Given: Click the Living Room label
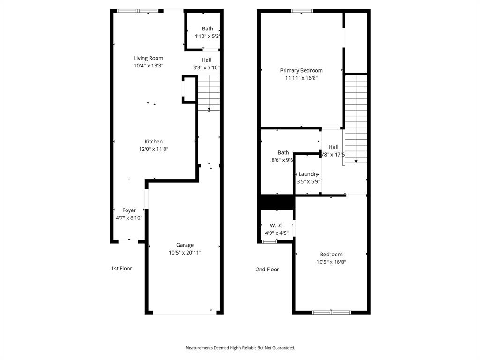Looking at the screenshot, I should pyautogui.click(x=148, y=58).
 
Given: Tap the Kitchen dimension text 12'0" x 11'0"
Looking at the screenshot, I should pyautogui.click(x=153, y=149).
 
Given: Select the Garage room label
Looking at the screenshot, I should pyautogui.click(x=185, y=245).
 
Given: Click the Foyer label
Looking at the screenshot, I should pyautogui.click(x=129, y=210).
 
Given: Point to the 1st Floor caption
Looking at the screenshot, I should pyautogui.click(x=121, y=269).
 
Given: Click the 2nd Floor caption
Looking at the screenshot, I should pyautogui.click(x=267, y=270).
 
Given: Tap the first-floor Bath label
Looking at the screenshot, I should pyautogui.click(x=207, y=29).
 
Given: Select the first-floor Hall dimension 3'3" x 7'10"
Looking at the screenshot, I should pyautogui.click(x=206, y=67).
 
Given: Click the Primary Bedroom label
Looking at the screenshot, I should pyautogui.click(x=301, y=70).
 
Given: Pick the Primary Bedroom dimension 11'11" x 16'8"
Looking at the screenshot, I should pyautogui.click(x=301, y=78).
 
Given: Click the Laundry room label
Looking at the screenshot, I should pyautogui.click(x=308, y=174).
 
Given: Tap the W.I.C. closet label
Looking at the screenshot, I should pyautogui.click(x=277, y=225).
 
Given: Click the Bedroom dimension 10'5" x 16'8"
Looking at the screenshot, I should pyautogui.click(x=331, y=262).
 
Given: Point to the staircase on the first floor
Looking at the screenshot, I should pyautogui.click(x=208, y=92).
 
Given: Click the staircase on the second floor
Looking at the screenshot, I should pyautogui.click(x=356, y=117).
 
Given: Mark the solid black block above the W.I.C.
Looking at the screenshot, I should pyautogui.click(x=276, y=202).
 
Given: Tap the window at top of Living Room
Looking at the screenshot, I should pyautogui.click(x=137, y=11).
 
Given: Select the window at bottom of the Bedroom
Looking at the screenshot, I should pyautogui.click(x=331, y=312).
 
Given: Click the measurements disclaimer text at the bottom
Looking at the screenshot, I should pyautogui.click(x=240, y=348).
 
